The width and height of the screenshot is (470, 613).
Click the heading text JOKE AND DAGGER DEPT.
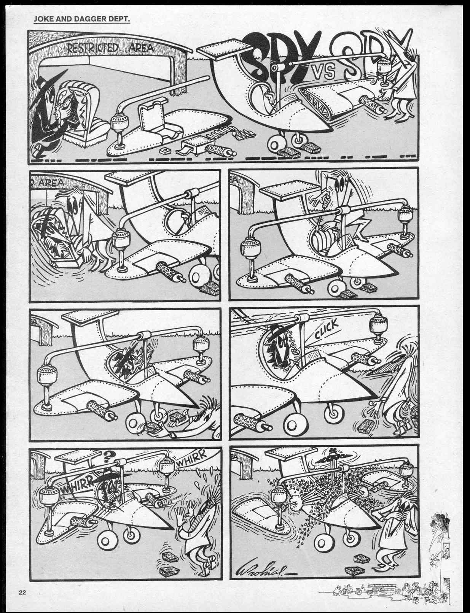coord(81,18)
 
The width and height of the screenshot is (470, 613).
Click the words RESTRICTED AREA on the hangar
coord(110,48)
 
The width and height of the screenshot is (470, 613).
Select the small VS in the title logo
coord(326,71)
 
